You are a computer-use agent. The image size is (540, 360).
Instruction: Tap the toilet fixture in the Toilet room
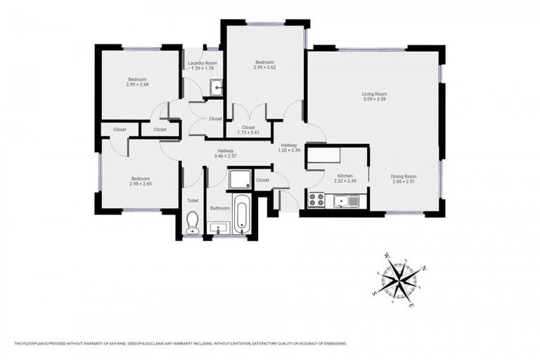tap(192, 224)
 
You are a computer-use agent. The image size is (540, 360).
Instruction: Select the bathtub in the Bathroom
tap(241, 215)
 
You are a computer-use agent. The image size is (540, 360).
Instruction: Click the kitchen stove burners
tap(316, 200)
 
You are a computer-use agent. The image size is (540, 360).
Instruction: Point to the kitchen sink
tap(344, 202)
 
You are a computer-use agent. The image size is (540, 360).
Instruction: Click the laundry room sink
tap(217, 88)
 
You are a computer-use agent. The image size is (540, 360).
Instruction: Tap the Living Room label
tap(374, 94)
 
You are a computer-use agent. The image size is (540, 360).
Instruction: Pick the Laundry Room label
tap(202, 63)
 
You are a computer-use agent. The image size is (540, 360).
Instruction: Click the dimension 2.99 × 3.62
tap(265, 68)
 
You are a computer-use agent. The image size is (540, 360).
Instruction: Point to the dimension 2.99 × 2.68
tap(137, 84)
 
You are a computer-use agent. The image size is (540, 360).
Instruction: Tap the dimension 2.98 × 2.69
tap(141, 184)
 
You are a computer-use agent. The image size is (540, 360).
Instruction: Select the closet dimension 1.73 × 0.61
tap(247, 133)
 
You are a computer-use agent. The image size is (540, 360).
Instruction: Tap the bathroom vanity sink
tap(219, 229)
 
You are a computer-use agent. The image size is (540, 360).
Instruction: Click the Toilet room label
tap(192, 200)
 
